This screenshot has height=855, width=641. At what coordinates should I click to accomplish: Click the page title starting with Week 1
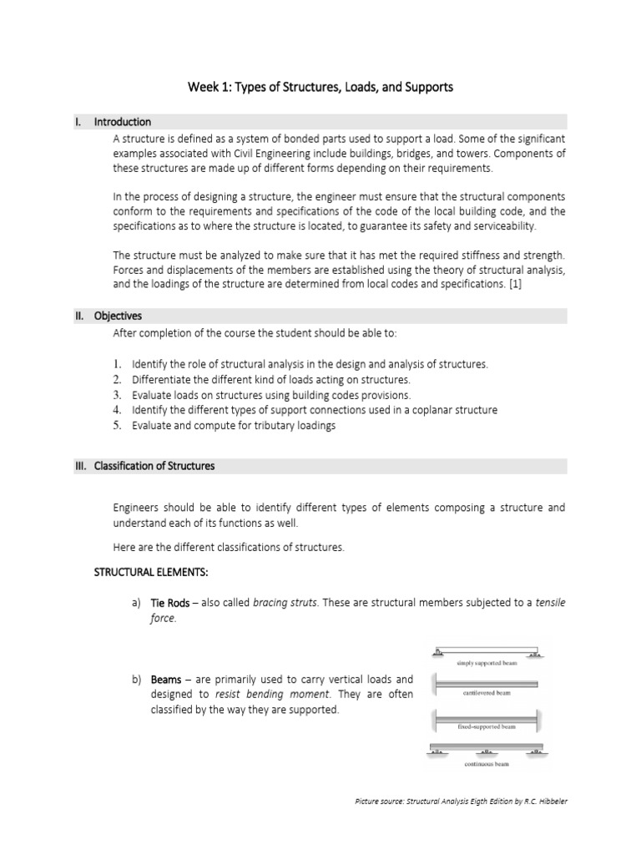320,87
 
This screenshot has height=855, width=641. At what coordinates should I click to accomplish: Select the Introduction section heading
122,122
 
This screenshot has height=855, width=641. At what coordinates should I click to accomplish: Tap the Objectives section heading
118,316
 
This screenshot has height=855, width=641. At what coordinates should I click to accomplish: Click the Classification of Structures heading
154,466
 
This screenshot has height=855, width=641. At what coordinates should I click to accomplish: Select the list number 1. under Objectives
118,365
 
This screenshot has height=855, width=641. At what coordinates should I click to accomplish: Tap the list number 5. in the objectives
118,425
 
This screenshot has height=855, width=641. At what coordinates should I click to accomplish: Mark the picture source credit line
461,802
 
